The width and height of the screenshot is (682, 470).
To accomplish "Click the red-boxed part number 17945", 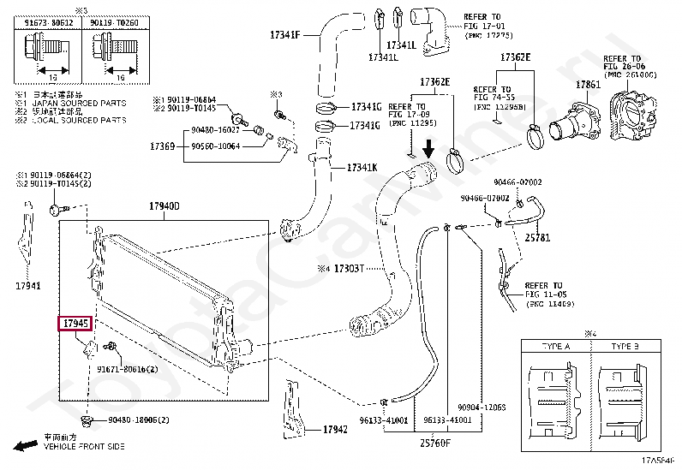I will click(x=74, y=324).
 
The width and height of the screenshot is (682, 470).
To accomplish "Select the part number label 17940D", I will click(x=164, y=206).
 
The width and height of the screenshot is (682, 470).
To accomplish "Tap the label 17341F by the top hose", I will click(x=284, y=36).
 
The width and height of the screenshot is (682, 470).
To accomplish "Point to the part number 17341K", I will click(x=361, y=167).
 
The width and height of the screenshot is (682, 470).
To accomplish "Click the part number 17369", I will click(x=163, y=147).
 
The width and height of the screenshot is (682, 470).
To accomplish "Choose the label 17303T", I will click(x=349, y=268).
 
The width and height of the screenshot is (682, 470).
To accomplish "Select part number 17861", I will click(x=588, y=85).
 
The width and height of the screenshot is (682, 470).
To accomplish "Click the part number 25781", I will click(x=537, y=236).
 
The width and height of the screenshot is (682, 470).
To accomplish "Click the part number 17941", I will click(x=27, y=286).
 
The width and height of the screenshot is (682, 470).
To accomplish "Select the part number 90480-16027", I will click(x=215, y=128).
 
